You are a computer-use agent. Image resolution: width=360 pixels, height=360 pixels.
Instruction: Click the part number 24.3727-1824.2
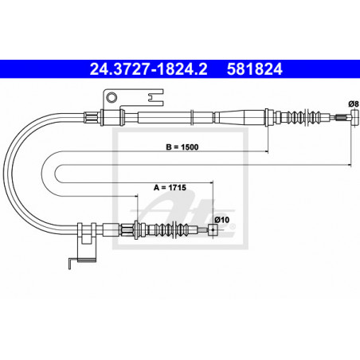point(148,69)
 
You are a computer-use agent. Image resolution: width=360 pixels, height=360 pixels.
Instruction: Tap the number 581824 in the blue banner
point(255,69)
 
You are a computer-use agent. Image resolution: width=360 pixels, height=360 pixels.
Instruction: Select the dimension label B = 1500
point(182,147)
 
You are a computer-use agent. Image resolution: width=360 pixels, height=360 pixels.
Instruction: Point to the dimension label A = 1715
point(170,187)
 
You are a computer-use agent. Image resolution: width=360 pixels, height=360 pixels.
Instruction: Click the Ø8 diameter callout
point(354,104)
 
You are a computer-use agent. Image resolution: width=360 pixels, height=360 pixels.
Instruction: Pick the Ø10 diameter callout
point(222,220)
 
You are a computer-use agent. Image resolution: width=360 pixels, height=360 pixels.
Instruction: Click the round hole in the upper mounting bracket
point(112,97)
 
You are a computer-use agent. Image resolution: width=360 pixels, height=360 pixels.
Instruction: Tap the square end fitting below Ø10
point(213,230)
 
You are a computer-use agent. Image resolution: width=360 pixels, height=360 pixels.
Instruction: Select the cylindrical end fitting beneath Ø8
point(354,118)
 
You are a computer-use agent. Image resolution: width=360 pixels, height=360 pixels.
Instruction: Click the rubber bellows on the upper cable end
point(305,117)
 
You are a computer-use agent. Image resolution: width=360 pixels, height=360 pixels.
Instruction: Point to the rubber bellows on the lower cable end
point(172,229)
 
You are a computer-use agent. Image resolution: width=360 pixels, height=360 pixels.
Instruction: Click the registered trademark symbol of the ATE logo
point(232,227)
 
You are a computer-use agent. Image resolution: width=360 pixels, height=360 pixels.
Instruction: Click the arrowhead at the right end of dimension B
point(266,151)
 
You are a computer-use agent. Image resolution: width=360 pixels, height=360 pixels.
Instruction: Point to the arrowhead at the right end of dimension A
point(211,182)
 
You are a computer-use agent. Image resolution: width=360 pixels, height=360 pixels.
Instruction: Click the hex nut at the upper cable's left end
point(92,118)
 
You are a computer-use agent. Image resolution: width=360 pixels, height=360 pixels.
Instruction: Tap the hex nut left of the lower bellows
point(127,230)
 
